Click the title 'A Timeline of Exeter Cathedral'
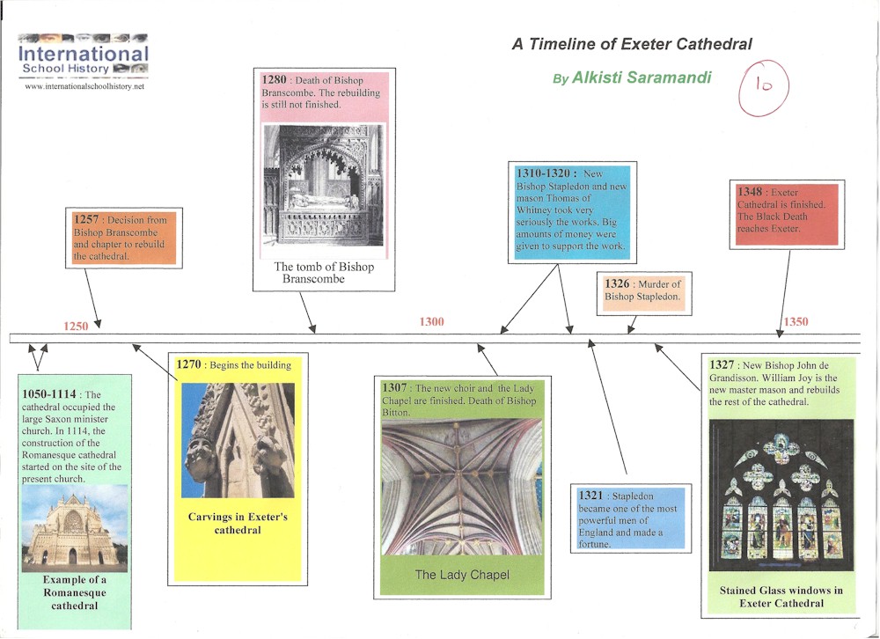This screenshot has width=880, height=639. (632, 44)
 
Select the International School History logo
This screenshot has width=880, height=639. (84, 56)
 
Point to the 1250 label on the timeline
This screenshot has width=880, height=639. (76, 326)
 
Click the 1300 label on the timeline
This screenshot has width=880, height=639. (431, 322)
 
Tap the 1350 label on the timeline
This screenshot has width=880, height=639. (796, 322)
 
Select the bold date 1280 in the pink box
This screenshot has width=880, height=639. (274, 81)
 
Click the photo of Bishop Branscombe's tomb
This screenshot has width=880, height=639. (325, 184)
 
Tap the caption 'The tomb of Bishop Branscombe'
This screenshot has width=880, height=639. (324, 273)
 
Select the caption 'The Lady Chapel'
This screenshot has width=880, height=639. (462, 575)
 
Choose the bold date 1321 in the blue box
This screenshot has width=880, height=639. (590, 496)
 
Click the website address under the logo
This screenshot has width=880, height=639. (84, 87)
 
